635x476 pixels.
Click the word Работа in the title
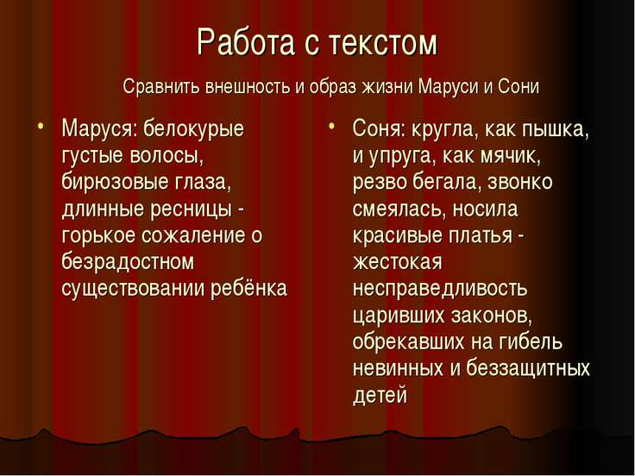(244, 42)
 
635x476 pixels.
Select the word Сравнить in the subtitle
(161, 88)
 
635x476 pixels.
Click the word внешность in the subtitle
(247, 88)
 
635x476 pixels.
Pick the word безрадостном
(128, 262)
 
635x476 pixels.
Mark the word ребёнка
(248, 288)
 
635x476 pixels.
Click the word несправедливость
(439, 288)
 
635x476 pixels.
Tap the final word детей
(379, 394)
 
